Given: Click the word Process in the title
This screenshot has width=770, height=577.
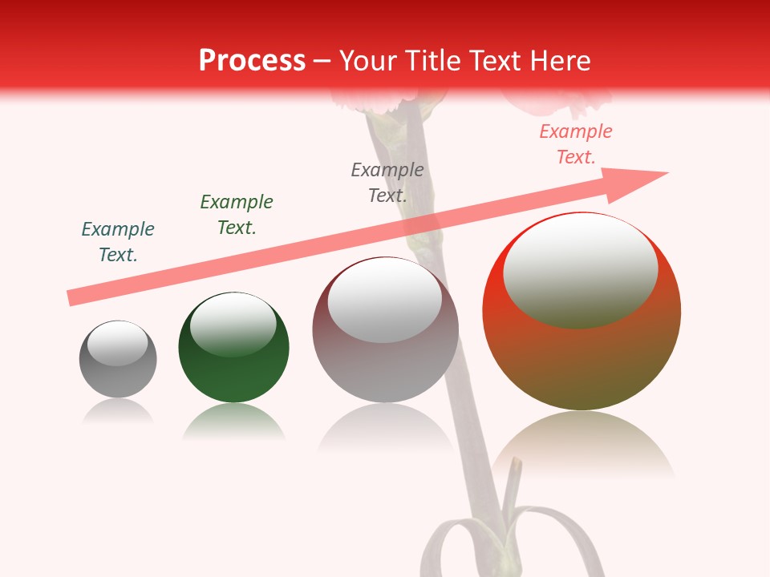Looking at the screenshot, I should click(x=252, y=61).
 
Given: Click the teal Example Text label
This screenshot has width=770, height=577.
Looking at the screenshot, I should click(x=118, y=242).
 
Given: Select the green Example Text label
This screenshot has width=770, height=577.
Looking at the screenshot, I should click(x=237, y=215).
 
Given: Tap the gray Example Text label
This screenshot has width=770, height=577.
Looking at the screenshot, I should click(x=387, y=182).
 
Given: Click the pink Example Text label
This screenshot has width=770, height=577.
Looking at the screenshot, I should click(x=576, y=144).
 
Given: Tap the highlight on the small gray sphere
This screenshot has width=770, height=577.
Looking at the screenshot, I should click(x=118, y=343).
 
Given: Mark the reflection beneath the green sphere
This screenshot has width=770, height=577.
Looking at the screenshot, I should click(x=233, y=422).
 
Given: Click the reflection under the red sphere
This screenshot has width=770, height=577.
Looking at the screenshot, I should click(x=582, y=445).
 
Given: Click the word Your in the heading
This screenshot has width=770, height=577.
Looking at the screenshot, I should click(x=367, y=61).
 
